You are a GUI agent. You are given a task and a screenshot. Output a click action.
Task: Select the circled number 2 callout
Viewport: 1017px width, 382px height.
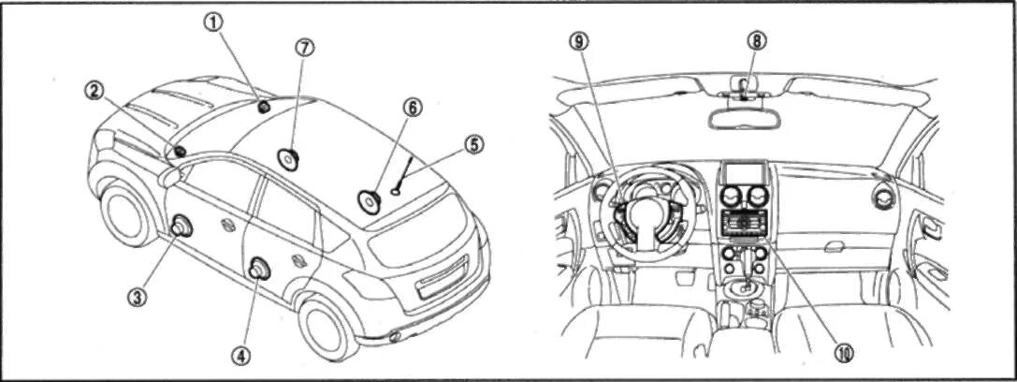point(93,90)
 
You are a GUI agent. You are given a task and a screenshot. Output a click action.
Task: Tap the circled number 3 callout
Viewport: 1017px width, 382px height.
point(137,297)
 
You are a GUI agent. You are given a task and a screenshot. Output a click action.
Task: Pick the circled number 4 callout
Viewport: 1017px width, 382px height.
point(241,356)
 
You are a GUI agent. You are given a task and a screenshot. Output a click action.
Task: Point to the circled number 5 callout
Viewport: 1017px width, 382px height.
point(474,144)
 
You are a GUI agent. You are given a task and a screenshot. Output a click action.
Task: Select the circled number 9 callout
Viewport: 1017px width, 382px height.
point(579,40)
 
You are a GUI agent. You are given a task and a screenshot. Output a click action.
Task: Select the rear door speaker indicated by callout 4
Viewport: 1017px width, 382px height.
point(257,270)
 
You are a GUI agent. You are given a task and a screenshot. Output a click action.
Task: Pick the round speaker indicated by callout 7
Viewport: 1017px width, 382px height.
point(288,158)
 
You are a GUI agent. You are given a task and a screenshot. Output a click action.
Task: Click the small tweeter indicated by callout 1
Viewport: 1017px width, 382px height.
point(263,106)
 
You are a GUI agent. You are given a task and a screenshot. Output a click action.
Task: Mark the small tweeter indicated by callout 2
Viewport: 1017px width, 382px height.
point(179,151)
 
